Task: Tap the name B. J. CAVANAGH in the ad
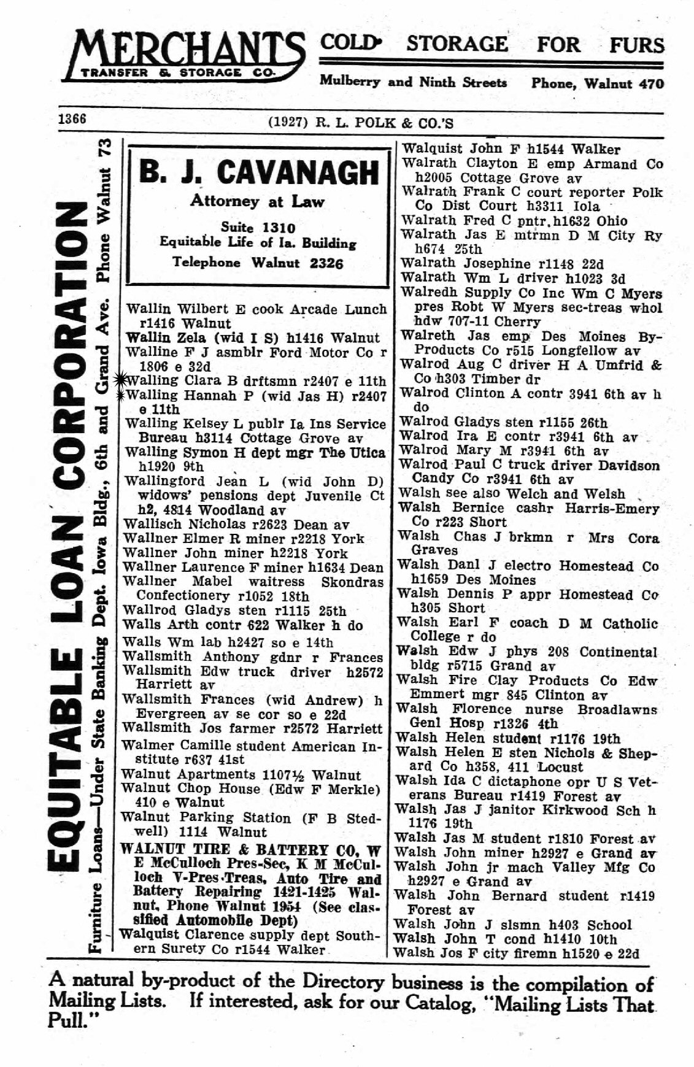pyautogui.click(x=258, y=172)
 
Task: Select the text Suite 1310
pyautogui.click(x=258, y=228)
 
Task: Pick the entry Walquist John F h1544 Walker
pyautogui.click(x=511, y=148)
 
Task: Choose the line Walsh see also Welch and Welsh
pyautogui.click(x=511, y=493)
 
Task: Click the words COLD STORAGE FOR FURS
pyautogui.click(x=492, y=45)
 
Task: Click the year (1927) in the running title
pyautogui.click(x=287, y=123)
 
